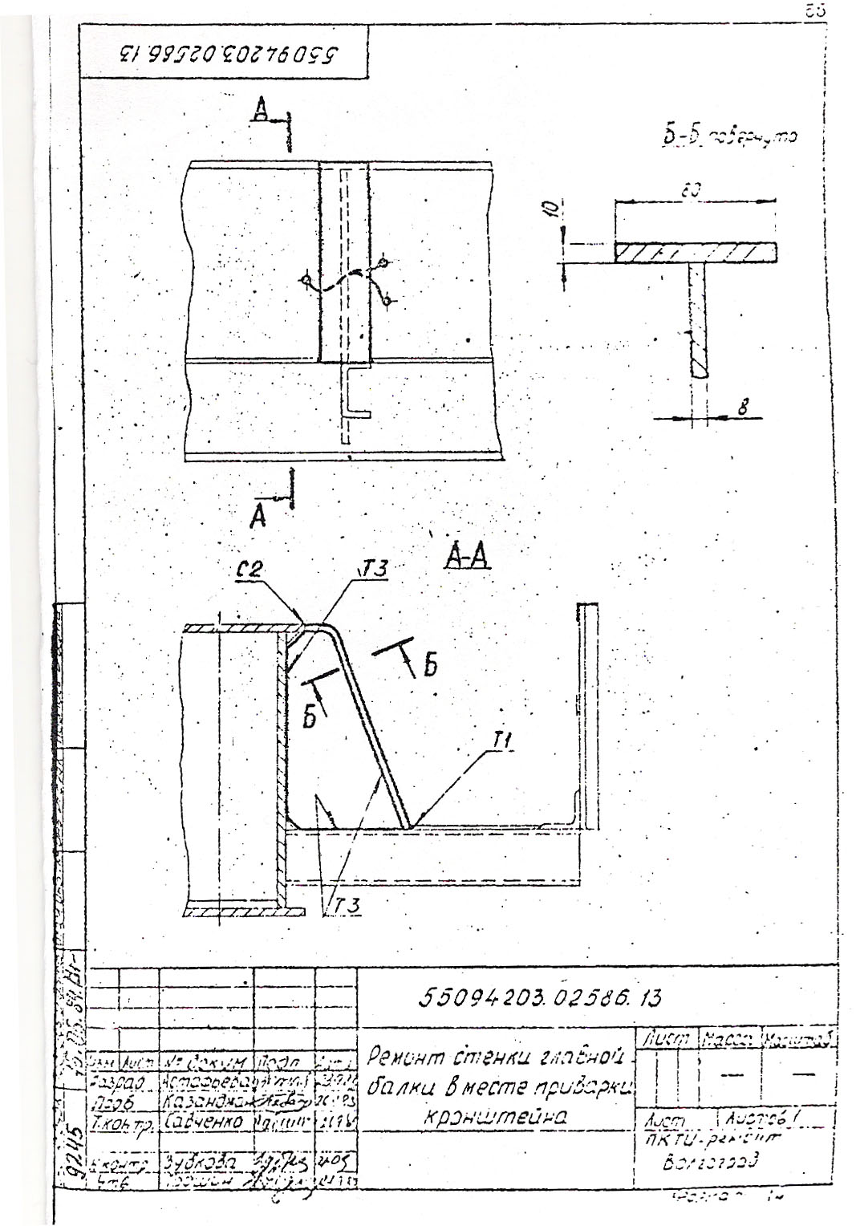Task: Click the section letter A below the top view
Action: pyautogui.click(x=258, y=518)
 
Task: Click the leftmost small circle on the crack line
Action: pyautogui.click(x=305, y=280)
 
